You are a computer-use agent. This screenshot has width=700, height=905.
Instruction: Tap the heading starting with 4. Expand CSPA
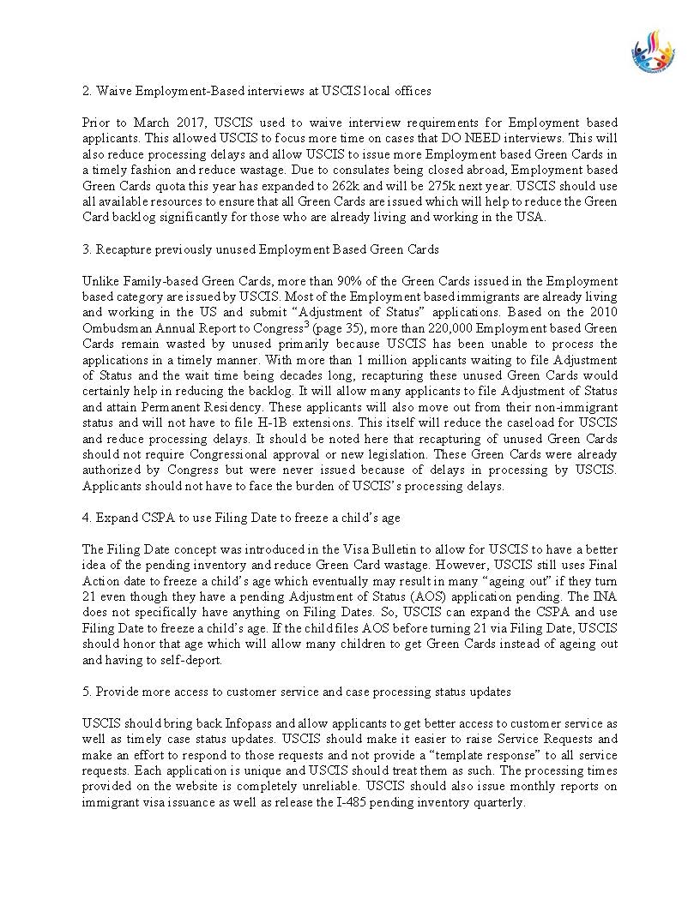(x=241, y=518)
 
